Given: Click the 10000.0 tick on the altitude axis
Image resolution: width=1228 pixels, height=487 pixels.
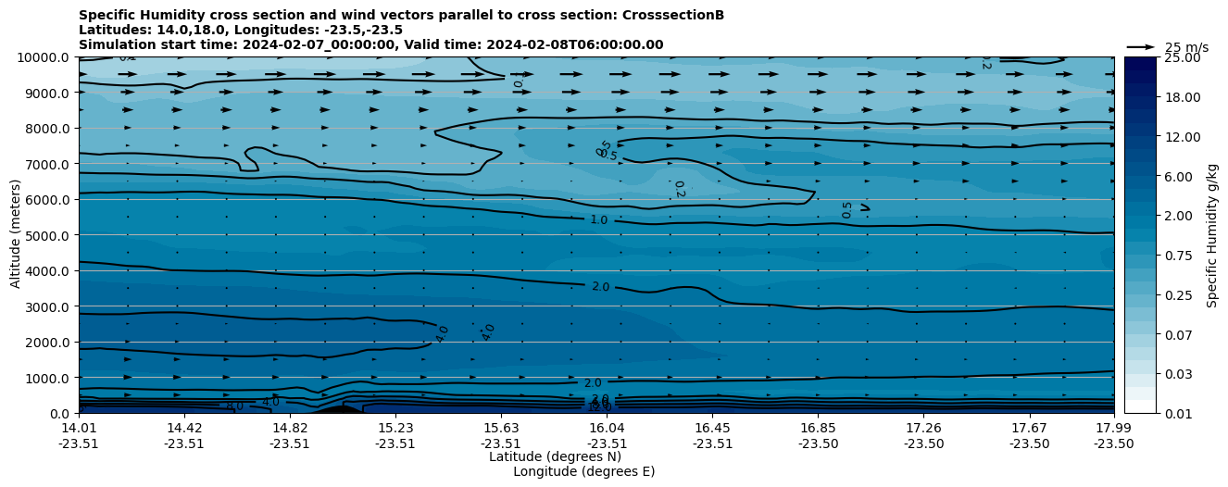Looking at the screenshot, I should click(x=44, y=57).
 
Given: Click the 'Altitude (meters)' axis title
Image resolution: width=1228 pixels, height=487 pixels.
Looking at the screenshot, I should click(x=16, y=235).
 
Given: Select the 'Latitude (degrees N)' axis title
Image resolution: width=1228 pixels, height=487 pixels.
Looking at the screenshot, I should click(x=555, y=456).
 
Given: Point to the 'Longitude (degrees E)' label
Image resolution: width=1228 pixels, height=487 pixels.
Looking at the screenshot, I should click(x=583, y=471).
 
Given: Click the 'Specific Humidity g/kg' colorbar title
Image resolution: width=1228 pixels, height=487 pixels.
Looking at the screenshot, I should click(x=1212, y=235).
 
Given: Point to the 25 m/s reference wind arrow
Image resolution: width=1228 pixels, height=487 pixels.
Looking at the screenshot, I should click(x=1141, y=46).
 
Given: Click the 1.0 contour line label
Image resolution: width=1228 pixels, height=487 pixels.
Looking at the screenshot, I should click(x=599, y=220).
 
